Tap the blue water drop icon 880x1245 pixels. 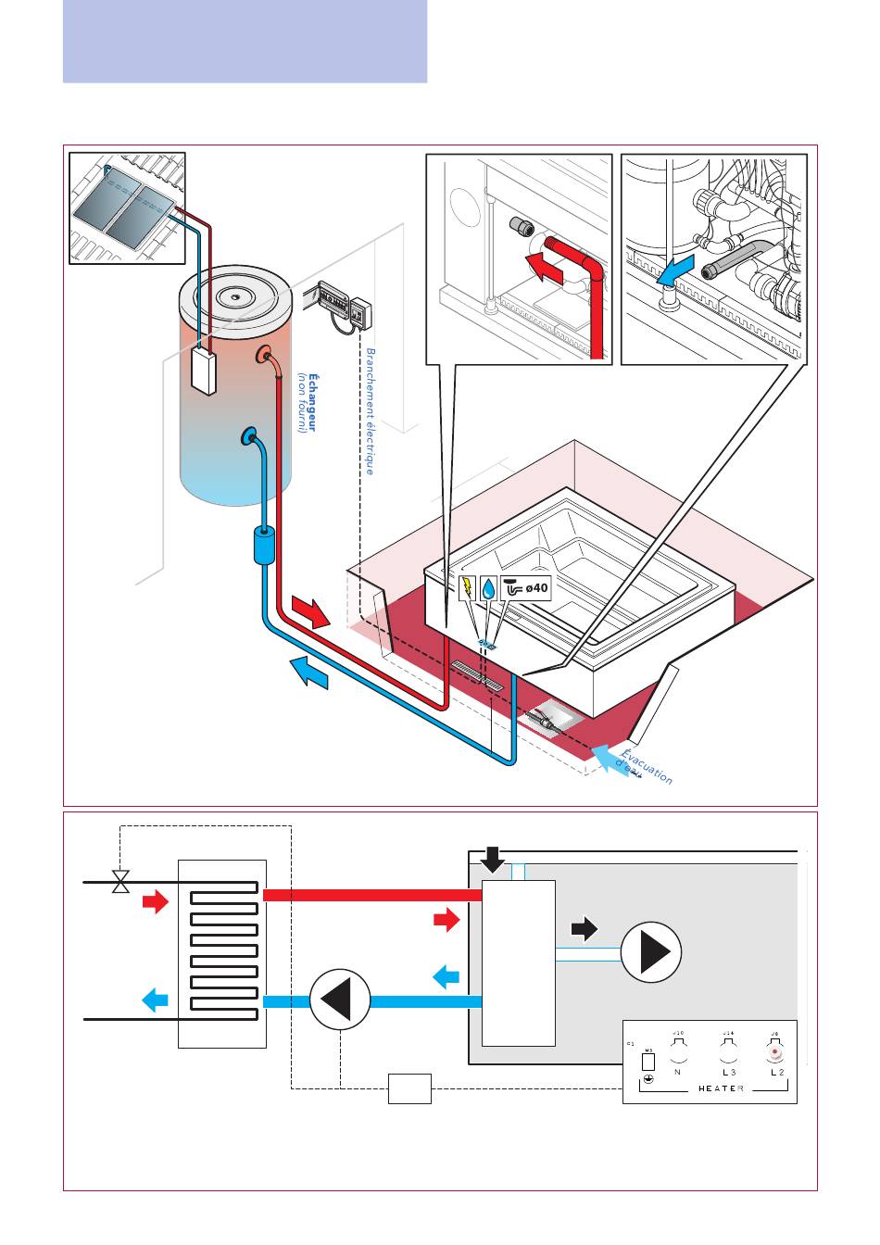pos(489,587)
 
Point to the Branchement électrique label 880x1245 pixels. pos(370,411)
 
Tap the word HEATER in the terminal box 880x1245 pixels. pos(721,1088)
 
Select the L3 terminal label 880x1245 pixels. pos(728,1072)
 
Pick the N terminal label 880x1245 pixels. pos(677,1072)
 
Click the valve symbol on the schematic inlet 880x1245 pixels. pos(120,882)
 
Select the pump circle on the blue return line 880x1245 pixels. pos(340,1000)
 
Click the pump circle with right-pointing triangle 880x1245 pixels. pos(651,952)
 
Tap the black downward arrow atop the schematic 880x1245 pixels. pos(494,860)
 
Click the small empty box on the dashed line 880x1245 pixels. pos(409,1088)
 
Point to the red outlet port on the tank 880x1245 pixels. pos(268,355)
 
